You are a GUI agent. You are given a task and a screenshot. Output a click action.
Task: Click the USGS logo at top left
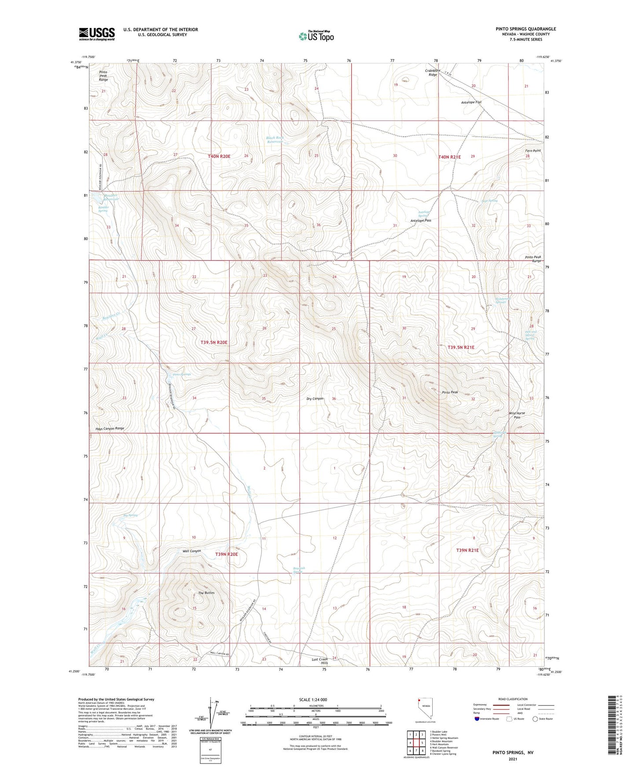point(96,34)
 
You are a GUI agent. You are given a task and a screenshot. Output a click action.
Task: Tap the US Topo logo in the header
point(316,36)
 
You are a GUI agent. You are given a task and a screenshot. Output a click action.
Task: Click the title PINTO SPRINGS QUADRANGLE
point(526,29)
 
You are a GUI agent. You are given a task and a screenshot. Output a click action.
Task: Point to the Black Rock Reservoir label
point(275,140)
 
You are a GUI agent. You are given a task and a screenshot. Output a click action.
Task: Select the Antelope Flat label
point(471,102)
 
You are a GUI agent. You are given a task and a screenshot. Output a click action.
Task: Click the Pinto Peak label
point(450,392)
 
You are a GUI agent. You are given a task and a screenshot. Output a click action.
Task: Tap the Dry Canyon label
point(315,399)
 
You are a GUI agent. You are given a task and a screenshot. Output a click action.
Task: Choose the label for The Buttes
point(206,593)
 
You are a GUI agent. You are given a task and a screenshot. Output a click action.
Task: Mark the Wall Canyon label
point(191,551)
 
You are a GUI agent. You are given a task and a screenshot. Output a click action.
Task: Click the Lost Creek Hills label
point(320,660)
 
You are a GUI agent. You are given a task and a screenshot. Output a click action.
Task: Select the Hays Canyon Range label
point(110,428)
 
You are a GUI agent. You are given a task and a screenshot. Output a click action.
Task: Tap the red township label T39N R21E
point(467,550)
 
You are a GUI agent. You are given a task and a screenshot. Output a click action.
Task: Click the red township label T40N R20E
point(219,156)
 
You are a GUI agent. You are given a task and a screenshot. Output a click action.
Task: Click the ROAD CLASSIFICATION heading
point(513,699)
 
